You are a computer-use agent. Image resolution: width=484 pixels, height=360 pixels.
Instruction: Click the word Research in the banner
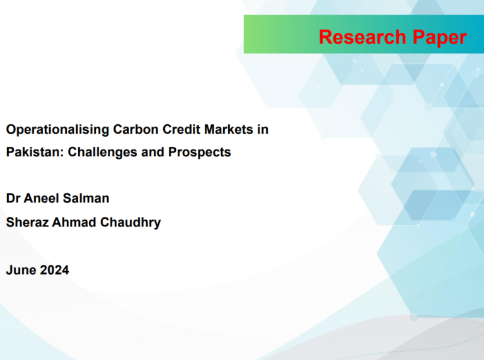[x=362, y=37]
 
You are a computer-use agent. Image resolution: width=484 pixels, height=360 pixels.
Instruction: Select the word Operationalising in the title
[x=57, y=130]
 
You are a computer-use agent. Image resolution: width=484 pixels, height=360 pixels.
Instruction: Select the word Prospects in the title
[x=199, y=153]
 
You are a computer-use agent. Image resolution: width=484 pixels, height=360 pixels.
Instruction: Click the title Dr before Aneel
[x=13, y=198]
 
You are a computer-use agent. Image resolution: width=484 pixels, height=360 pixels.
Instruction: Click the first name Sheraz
[x=27, y=223]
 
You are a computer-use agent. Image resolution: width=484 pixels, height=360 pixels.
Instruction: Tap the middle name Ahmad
[x=74, y=223]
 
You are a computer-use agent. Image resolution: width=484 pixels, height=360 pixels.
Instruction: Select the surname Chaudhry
[x=130, y=223]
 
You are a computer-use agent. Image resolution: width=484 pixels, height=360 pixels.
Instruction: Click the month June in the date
[x=21, y=270]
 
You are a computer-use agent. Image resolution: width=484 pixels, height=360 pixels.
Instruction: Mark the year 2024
[x=55, y=270]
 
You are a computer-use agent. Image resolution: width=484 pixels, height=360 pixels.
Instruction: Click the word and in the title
[x=153, y=152]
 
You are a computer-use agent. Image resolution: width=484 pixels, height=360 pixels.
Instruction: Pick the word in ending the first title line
[x=263, y=129]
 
